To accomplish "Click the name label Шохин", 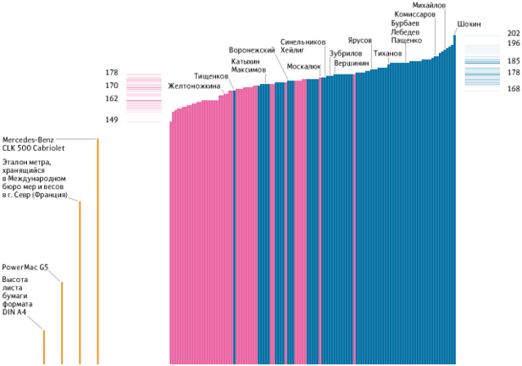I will pyautogui.click(x=469, y=25).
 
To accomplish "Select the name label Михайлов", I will pyautogui.click(x=429, y=6).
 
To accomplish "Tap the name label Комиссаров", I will pyautogui.click(x=415, y=15).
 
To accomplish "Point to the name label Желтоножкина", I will pyautogui.click(x=194, y=86).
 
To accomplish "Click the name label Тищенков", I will pyautogui.click(x=211, y=76).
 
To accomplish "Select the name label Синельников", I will pyautogui.click(x=303, y=42).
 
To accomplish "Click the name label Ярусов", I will pyautogui.click(x=359, y=41).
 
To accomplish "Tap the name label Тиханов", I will pyautogui.click(x=387, y=53).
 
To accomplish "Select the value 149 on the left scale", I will pyautogui.click(x=112, y=120).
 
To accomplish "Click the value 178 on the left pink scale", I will pyautogui.click(x=112, y=73).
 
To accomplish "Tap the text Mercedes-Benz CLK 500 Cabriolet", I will pyautogui.click(x=35, y=143).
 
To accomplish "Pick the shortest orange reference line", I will pyautogui.click(x=44, y=347).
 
